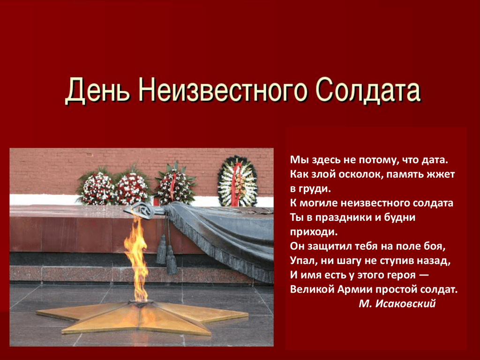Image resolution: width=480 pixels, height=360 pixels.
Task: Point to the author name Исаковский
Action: click(405, 303)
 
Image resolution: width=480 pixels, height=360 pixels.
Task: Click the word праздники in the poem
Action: click(343, 217)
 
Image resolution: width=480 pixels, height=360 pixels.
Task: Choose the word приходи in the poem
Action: click(314, 232)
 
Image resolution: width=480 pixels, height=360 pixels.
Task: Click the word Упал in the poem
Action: click(303, 261)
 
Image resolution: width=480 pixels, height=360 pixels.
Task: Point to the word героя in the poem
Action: click(402, 275)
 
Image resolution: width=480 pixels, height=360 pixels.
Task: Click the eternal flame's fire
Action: click(136, 260)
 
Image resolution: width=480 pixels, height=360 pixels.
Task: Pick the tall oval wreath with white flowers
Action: click(237, 181)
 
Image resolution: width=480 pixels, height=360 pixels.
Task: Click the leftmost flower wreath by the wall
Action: click(97, 187)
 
